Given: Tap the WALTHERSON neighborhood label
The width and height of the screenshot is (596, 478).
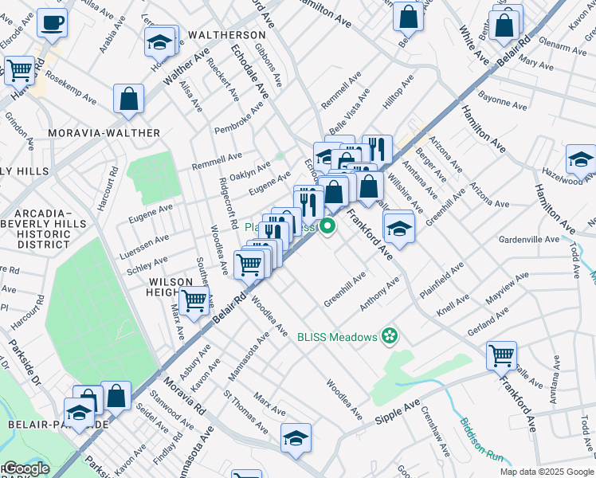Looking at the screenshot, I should point(227,36).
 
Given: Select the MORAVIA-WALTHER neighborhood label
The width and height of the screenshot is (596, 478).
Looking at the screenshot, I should point(104,132).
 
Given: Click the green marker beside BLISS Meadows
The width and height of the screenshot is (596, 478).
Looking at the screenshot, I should point(390,336).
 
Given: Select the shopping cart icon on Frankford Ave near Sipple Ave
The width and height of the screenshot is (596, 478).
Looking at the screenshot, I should point(501,355).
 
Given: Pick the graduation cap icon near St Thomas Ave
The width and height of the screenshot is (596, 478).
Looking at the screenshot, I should point(296,437).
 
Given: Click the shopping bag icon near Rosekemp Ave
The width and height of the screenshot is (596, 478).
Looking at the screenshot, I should point(128,100).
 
